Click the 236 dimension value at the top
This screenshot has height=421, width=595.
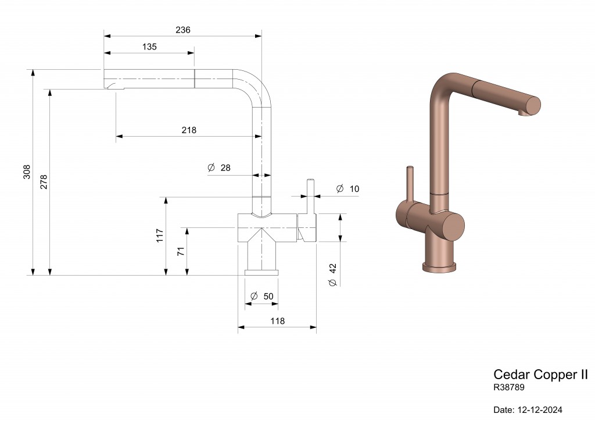[x=183, y=30]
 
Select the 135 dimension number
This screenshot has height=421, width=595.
[x=149, y=47]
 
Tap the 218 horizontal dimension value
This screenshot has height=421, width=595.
[x=189, y=130]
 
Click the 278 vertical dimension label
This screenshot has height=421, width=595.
[x=44, y=182]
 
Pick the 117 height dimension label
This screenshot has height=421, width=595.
[x=160, y=235]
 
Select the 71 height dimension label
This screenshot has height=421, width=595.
[x=181, y=251]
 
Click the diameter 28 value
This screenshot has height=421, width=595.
[x=225, y=167]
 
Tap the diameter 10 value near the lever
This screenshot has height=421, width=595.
[x=354, y=188]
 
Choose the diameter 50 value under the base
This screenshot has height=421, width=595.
[x=268, y=296]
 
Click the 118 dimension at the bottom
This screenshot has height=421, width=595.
[x=277, y=321]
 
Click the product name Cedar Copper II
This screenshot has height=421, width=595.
[x=540, y=374]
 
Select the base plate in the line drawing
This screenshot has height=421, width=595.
[x=261, y=272]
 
